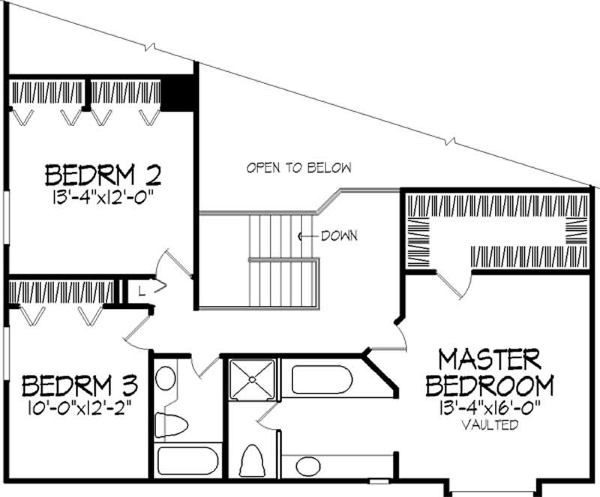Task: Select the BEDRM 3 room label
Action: tap(79, 387)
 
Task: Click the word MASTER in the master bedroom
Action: tap(490, 358)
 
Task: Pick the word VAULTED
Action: tap(490, 425)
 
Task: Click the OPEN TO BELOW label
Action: tap(298, 168)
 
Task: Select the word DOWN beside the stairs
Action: tap(338, 235)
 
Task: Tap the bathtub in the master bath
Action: tap(322, 379)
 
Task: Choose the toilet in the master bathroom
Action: tap(253, 460)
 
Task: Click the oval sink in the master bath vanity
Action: tap(307, 466)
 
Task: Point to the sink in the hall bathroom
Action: tap(165, 378)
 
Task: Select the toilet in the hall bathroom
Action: tap(169, 425)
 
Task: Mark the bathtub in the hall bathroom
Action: tap(187, 461)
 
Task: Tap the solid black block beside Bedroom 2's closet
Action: tap(178, 92)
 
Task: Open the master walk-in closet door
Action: tap(452, 286)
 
